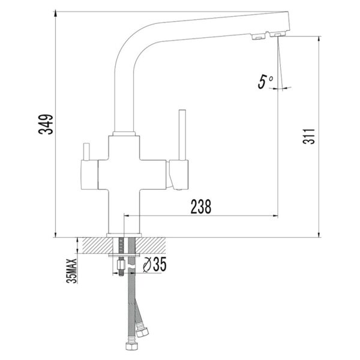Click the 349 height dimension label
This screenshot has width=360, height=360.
pyautogui.click(x=46, y=124)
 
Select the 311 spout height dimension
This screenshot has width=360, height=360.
pyautogui.click(x=309, y=136)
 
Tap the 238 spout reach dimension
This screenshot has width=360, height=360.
pyautogui.click(x=200, y=206)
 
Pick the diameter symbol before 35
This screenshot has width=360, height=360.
pyautogui.click(x=147, y=265)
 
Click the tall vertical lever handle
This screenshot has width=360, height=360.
pyautogui.click(x=182, y=135)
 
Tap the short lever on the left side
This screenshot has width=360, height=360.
pyautogui.click(x=86, y=152)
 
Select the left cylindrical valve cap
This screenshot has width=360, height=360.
pyautogui.click(x=89, y=175)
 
